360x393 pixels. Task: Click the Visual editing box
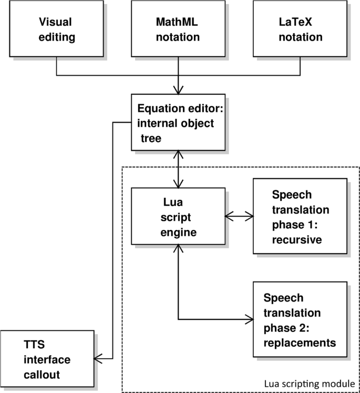[56, 28]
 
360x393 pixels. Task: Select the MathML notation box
[178, 28]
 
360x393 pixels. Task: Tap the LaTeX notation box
[300, 28]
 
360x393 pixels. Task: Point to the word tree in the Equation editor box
[151, 138]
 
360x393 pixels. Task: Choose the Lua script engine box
[178, 216]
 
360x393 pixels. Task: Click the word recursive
[297, 240]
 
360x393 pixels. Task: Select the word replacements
[300, 343]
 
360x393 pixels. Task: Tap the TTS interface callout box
[47, 359]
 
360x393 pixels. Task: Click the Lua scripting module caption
[310, 384]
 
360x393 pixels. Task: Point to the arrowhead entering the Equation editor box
[178, 90]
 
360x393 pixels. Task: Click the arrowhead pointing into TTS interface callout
[98, 359]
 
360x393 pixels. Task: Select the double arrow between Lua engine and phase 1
[239, 216]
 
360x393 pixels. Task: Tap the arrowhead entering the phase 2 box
[249, 319]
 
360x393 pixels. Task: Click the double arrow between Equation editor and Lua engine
[178, 169]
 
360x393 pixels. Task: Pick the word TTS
[34, 345]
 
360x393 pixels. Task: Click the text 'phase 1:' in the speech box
[295, 225]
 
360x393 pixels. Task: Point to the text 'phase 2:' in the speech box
[286, 328]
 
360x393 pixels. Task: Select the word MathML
[177, 22]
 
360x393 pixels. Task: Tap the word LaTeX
[295, 22]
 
